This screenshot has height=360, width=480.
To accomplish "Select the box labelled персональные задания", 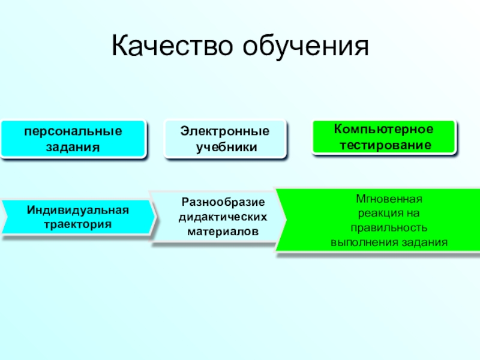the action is (x=73, y=139).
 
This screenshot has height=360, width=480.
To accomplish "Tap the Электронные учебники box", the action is (x=226, y=139).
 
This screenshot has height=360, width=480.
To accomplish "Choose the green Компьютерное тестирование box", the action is (x=384, y=137).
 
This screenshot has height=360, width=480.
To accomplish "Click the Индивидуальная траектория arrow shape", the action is (x=78, y=217).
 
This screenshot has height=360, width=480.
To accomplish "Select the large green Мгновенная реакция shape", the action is (x=378, y=220).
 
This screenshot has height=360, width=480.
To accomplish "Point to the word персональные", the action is (x=73, y=131).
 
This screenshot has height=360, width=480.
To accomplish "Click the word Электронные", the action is (x=226, y=131).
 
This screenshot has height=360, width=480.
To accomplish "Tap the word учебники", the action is (x=226, y=146).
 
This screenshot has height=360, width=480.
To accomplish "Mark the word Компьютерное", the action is (x=384, y=130).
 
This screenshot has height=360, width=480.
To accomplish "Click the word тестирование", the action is (x=384, y=145).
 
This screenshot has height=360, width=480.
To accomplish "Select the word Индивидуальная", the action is (x=78, y=210).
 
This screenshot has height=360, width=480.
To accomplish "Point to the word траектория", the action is (x=78, y=224).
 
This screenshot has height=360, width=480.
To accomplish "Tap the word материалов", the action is (x=223, y=230).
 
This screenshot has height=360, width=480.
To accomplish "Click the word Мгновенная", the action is (x=389, y=198).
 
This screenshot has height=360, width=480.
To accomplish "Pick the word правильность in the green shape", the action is (x=389, y=228).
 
